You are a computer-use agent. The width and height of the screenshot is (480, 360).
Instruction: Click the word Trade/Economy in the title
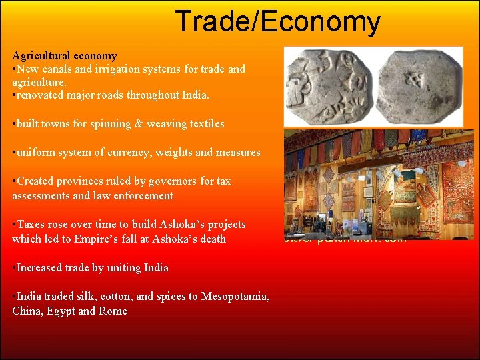tap(277, 22)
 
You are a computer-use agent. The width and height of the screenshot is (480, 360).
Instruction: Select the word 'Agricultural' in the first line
tap(40, 56)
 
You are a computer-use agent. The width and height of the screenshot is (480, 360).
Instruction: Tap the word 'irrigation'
tap(125, 69)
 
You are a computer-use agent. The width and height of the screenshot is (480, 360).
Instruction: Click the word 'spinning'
tap(128, 123)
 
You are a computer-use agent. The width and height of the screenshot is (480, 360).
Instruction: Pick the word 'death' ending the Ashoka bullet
tap(211, 239)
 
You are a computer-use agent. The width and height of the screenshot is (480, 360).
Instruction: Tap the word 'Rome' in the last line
tap(113, 311)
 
